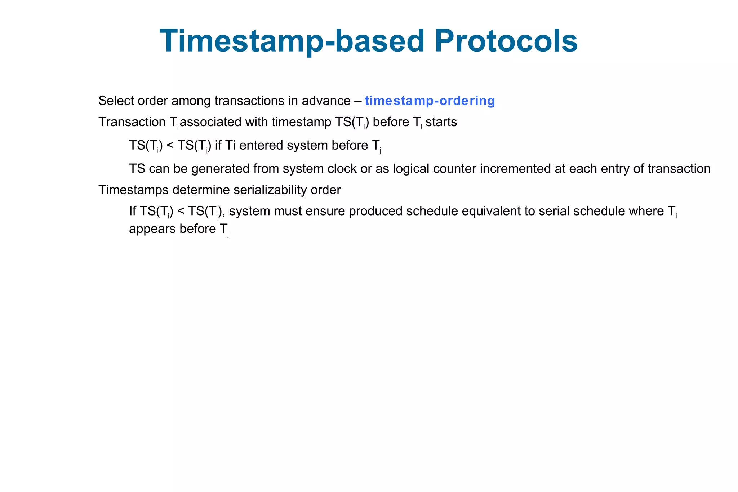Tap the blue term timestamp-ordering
pyautogui.click(x=430, y=101)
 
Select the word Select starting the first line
pyautogui.click(x=116, y=101)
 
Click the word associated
pyautogui.click(x=211, y=122)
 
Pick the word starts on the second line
pyautogui.click(x=441, y=122)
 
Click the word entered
pyautogui.click(x=261, y=145)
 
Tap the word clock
pyautogui.click(x=342, y=169)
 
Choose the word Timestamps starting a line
pyautogui.click(x=133, y=190)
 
